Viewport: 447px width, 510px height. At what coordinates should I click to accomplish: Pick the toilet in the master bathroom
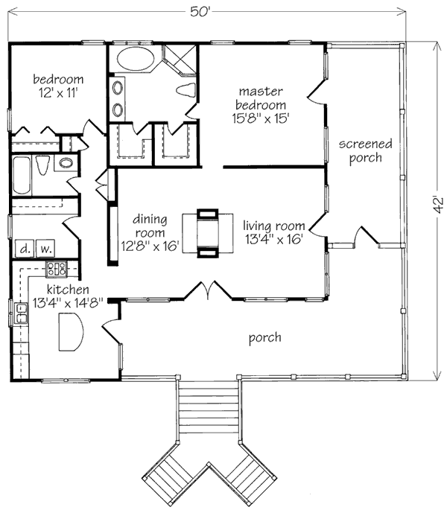click(x=186, y=91)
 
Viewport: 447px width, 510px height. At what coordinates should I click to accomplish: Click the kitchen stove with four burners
click(x=58, y=270)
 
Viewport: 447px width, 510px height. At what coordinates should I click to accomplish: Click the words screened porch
click(x=359, y=150)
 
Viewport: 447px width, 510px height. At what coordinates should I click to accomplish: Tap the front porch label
click(x=264, y=338)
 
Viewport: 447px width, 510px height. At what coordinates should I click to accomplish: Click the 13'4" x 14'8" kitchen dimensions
click(x=63, y=303)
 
